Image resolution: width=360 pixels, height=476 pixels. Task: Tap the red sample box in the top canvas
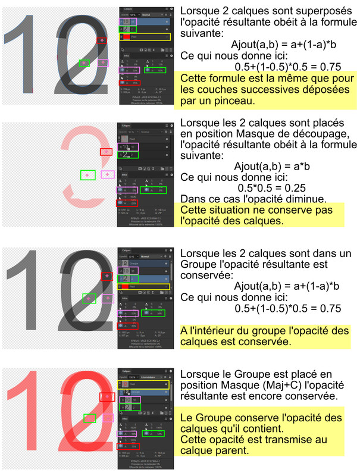tap(103, 40)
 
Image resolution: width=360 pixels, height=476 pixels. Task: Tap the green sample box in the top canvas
tap(84, 62)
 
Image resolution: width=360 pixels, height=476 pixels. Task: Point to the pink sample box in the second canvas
tap(107, 174)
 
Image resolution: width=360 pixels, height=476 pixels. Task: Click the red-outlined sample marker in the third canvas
tap(107, 276)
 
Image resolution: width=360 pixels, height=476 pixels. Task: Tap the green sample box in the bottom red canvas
tap(89, 418)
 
